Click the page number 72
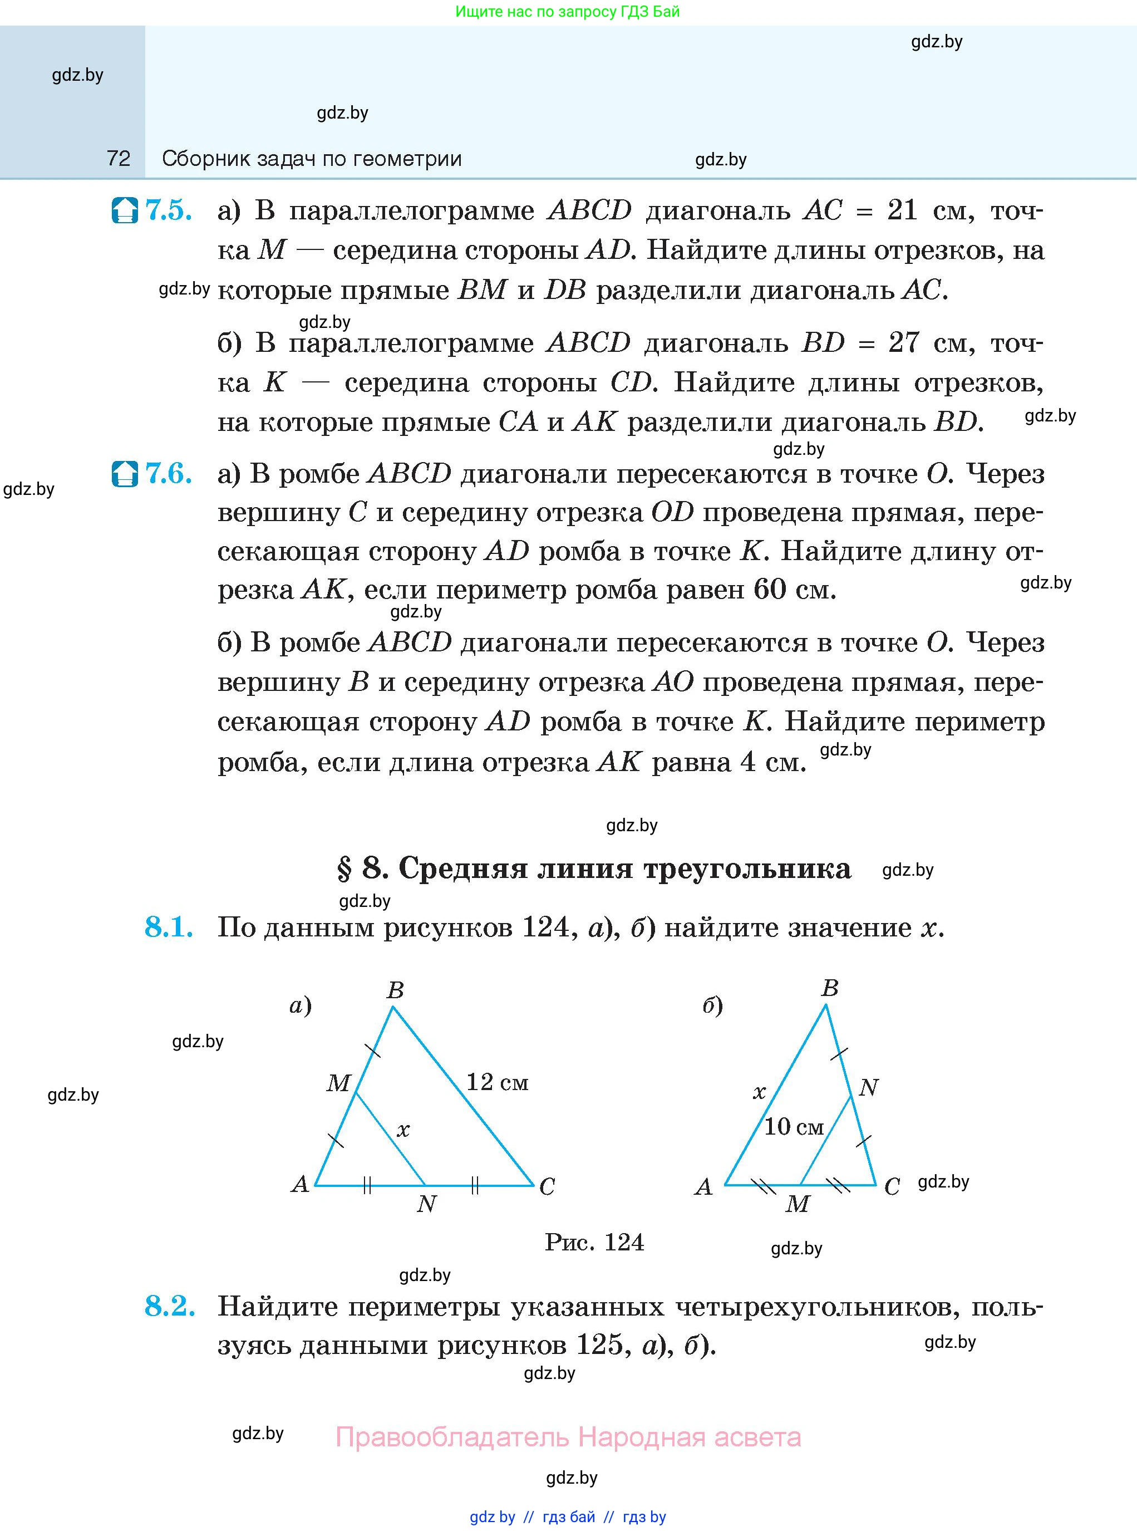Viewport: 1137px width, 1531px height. pyautogui.click(x=119, y=159)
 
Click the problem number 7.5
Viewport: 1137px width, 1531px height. pyautogui.click(x=169, y=210)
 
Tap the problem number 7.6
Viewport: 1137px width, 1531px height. pyautogui.click(x=169, y=474)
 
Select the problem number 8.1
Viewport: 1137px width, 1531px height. pyautogui.click(x=169, y=928)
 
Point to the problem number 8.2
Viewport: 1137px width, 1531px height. pyautogui.click(x=169, y=1306)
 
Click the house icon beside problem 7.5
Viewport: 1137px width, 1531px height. pyautogui.click(x=125, y=210)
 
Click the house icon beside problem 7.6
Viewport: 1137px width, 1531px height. pyautogui.click(x=125, y=474)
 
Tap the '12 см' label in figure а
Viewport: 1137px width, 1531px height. pyautogui.click(x=497, y=1082)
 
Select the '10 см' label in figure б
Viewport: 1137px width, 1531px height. pyautogui.click(x=794, y=1127)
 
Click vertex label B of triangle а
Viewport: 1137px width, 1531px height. pyautogui.click(x=395, y=990)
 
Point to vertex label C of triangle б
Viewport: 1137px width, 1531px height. pyautogui.click(x=892, y=1187)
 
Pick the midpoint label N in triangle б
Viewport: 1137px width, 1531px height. pyautogui.click(x=869, y=1088)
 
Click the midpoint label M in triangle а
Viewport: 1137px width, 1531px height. pyautogui.click(x=338, y=1083)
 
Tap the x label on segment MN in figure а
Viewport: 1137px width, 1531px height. pyautogui.click(x=403, y=1130)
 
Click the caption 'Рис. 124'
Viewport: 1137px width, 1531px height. pyautogui.click(x=594, y=1242)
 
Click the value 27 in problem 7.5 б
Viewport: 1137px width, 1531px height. pyautogui.click(x=904, y=342)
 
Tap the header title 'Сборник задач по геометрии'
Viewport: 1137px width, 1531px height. pyautogui.click(x=312, y=159)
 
